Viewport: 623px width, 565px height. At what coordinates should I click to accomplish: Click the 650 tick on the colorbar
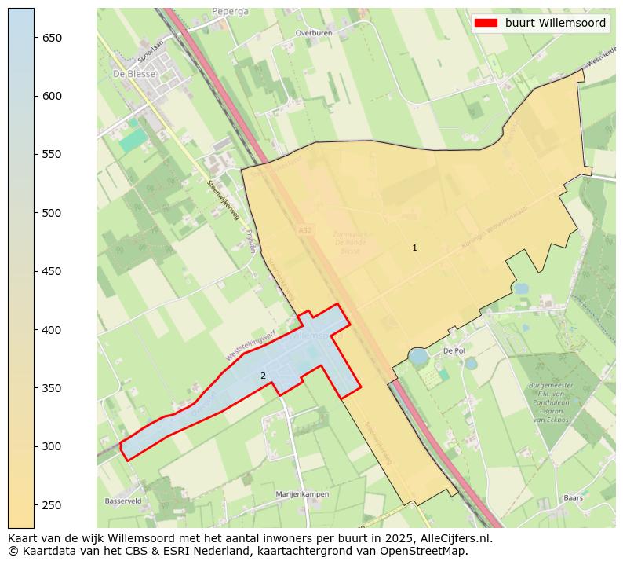pyautogui.click(x=35, y=38)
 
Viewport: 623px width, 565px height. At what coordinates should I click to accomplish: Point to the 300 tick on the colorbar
pyautogui.click(x=35, y=446)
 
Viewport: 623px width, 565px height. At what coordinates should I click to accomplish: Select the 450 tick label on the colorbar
pyautogui.click(x=52, y=271)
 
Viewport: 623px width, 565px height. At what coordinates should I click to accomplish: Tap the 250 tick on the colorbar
pyautogui.click(x=35, y=504)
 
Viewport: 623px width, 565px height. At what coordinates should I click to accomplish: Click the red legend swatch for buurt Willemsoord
pyautogui.click(x=486, y=24)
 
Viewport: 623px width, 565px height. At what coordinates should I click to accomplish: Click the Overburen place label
pyautogui.click(x=315, y=34)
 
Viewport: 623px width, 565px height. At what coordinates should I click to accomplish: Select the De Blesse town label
pyautogui.click(x=135, y=74)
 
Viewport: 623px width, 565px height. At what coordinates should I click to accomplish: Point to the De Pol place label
pyautogui.click(x=454, y=351)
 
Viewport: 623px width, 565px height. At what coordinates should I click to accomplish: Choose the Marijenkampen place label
pyautogui.click(x=302, y=494)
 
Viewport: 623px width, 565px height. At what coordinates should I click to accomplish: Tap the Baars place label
pyautogui.click(x=573, y=497)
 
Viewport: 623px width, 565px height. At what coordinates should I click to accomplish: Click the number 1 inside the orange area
pyautogui.click(x=414, y=248)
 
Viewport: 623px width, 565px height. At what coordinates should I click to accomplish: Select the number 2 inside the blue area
pyautogui.click(x=263, y=376)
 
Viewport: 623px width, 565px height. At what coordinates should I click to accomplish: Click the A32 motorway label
pyautogui.click(x=304, y=230)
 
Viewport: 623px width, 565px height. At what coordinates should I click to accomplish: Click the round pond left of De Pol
pyautogui.click(x=418, y=357)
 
